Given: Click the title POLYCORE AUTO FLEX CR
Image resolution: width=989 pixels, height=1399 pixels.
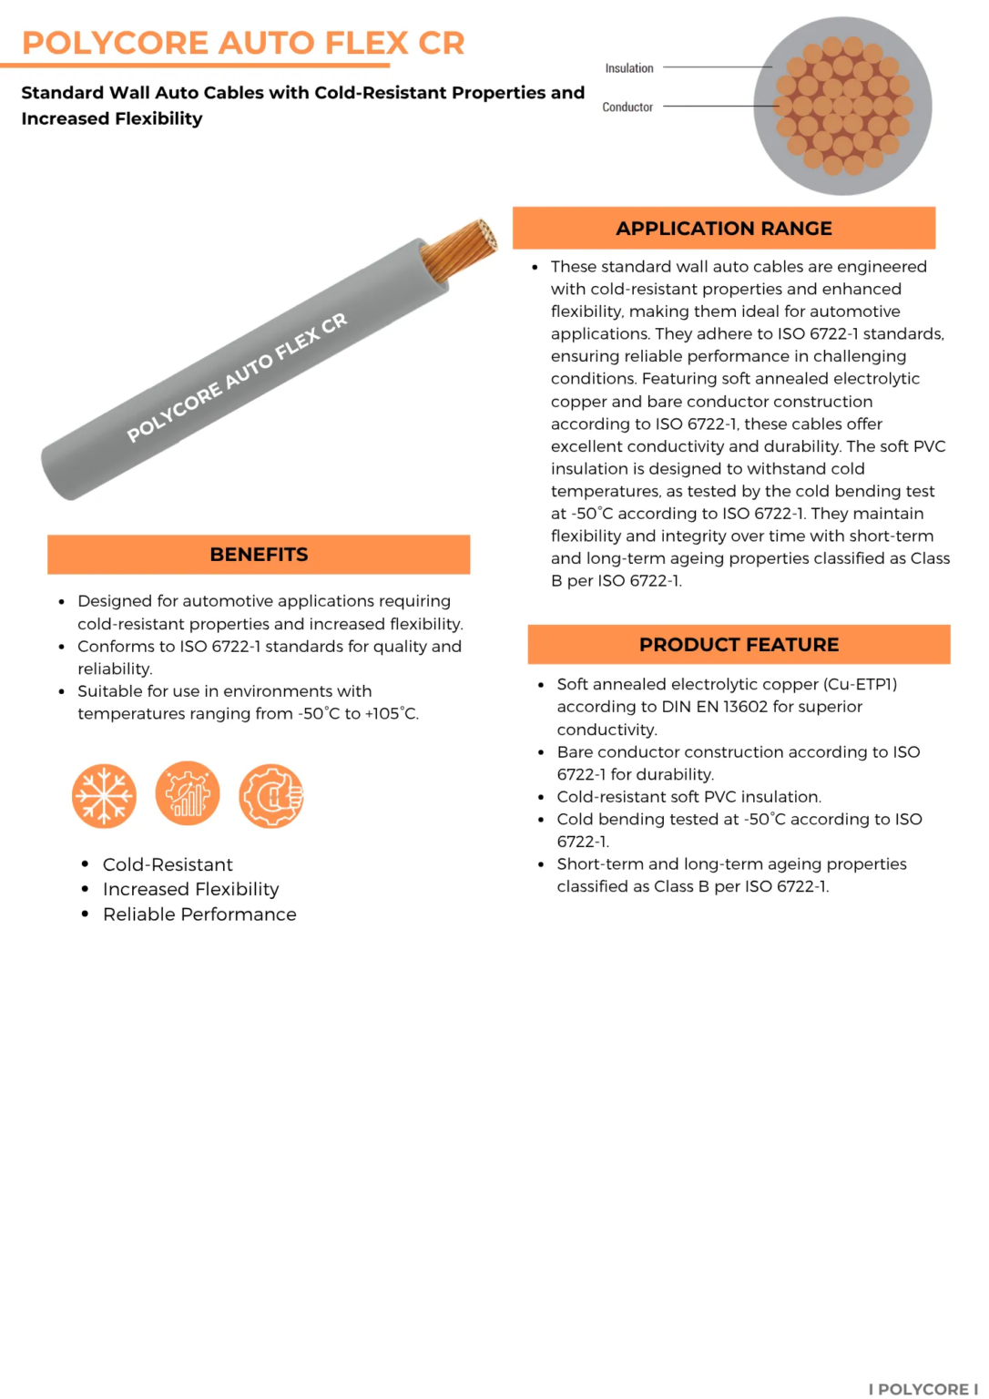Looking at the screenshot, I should (x=243, y=43).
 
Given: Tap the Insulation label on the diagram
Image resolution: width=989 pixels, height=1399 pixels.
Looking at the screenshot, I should (x=629, y=68).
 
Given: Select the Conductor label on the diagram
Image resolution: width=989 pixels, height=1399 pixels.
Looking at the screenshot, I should (x=627, y=107).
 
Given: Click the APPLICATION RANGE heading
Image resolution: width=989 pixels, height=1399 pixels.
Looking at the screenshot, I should (x=724, y=229).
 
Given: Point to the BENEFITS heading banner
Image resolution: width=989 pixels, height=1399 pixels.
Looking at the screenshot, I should (x=259, y=555).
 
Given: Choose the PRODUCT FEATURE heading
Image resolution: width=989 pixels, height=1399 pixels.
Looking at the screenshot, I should (x=739, y=645).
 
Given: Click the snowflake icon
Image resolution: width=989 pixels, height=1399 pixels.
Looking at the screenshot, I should (x=104, y=796).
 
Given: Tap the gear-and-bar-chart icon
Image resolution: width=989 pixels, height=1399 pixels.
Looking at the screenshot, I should (x=188, y=794).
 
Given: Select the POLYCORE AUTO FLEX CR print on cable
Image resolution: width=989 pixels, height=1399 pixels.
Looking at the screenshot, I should (x=237, y=377).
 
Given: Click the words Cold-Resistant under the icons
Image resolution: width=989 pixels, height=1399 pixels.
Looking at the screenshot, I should (x=168, y=864).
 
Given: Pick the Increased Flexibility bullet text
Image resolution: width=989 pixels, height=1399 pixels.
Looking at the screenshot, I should (x=191, y=889).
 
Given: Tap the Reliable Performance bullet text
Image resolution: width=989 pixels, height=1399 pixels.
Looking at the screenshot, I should (x=199, y=914).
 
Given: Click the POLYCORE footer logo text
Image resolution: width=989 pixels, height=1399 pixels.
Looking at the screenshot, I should (x=923, y=1389).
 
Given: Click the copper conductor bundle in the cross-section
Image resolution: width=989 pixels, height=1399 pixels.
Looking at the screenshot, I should (x=843, y=106).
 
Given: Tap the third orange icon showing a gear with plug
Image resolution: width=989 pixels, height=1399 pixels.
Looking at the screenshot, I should (x=271, y=796).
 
